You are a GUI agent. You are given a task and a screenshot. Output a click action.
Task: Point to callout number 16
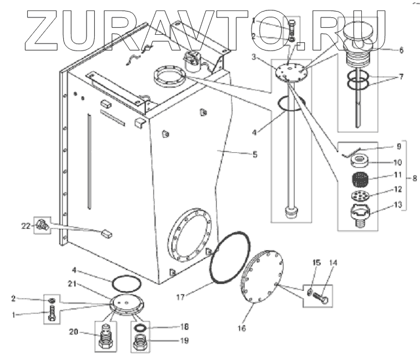(242, 328)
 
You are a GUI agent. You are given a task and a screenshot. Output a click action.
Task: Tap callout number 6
(401, 50)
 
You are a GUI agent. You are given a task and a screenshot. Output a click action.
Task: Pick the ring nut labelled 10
(361, 162)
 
